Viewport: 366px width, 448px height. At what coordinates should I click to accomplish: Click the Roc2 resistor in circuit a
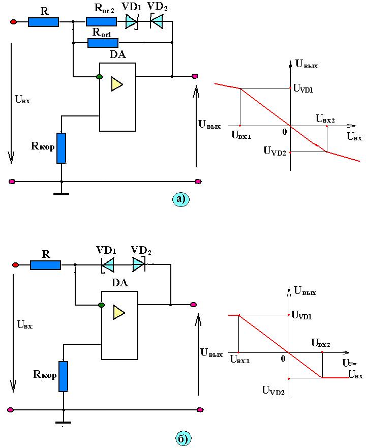(101, 22)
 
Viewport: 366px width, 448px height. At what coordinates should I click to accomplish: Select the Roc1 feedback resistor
(103, 43)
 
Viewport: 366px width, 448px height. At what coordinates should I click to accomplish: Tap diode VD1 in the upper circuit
(132, 22)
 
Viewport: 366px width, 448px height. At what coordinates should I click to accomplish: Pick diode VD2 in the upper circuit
(157, 21)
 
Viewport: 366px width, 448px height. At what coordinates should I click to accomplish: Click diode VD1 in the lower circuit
(108, 265)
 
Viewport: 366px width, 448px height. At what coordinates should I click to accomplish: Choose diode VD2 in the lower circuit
(139, 264)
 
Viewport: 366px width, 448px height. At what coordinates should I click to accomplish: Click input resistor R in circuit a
(43, 22)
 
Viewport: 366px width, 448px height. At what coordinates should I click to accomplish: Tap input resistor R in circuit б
(45, 265)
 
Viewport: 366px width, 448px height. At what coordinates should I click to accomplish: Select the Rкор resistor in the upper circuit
(62, 148)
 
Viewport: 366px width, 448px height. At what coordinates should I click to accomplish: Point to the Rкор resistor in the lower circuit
(64, 377)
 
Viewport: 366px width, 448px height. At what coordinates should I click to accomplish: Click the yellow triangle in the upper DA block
(116, 84)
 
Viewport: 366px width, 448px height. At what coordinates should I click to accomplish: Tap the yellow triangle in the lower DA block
(118, 312)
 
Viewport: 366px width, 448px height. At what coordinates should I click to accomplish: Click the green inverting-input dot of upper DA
(100, 77)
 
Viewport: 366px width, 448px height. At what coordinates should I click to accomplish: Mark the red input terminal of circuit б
(15, 265)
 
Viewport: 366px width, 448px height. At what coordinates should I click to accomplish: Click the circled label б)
(183, 438)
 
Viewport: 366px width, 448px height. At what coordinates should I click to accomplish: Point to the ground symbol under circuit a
(62, 194)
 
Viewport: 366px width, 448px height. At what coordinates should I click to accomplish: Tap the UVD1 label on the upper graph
(303, 88)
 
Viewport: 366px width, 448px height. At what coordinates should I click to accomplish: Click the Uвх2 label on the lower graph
(321, 343)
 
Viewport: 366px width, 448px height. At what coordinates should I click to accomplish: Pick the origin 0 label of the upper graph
(285, 132)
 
